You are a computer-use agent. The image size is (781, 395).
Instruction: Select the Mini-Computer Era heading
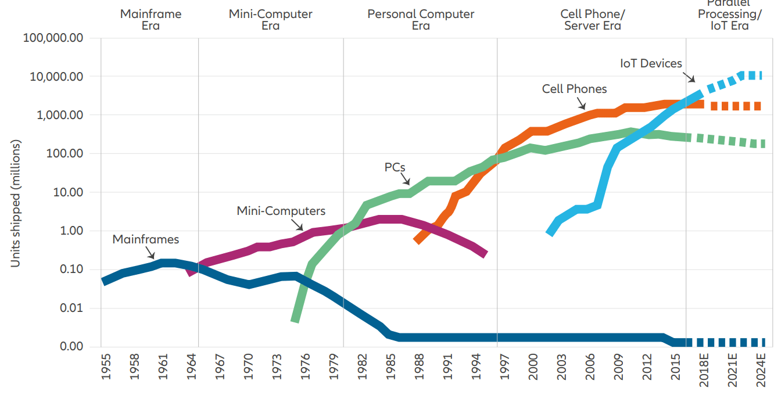coord(270,20)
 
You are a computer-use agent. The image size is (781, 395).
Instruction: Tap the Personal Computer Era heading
coord(421,20)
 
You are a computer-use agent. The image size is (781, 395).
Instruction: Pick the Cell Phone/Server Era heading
coord(592,20)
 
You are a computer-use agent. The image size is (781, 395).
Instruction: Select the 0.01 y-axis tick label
coord(72,308)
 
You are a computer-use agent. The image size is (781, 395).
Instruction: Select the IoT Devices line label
coord(651,63)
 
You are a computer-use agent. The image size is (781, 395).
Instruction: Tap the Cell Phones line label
coord(574,89)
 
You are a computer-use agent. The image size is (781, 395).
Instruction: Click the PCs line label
coord(395,167)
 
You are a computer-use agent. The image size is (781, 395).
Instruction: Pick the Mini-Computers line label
coord(281,211)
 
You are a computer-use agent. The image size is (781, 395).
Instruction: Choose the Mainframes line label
coord(145,239)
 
